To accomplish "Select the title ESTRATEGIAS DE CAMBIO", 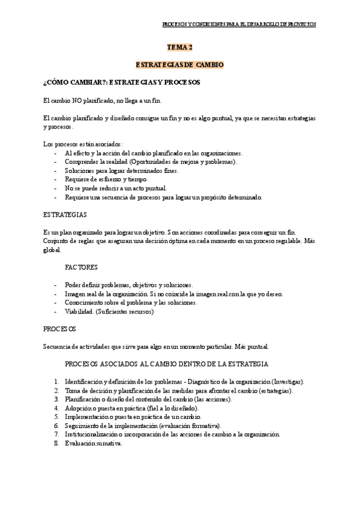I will point(179,64).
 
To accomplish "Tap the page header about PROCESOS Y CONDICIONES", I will point(239,24).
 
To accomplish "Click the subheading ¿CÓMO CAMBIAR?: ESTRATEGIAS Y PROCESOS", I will point(122,82).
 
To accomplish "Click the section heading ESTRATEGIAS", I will point(65,214).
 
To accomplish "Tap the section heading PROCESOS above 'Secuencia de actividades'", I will point(59,329).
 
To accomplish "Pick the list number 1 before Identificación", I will point(56,382).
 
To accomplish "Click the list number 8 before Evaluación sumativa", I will point(56,444).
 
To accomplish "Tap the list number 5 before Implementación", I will point(56,417).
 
